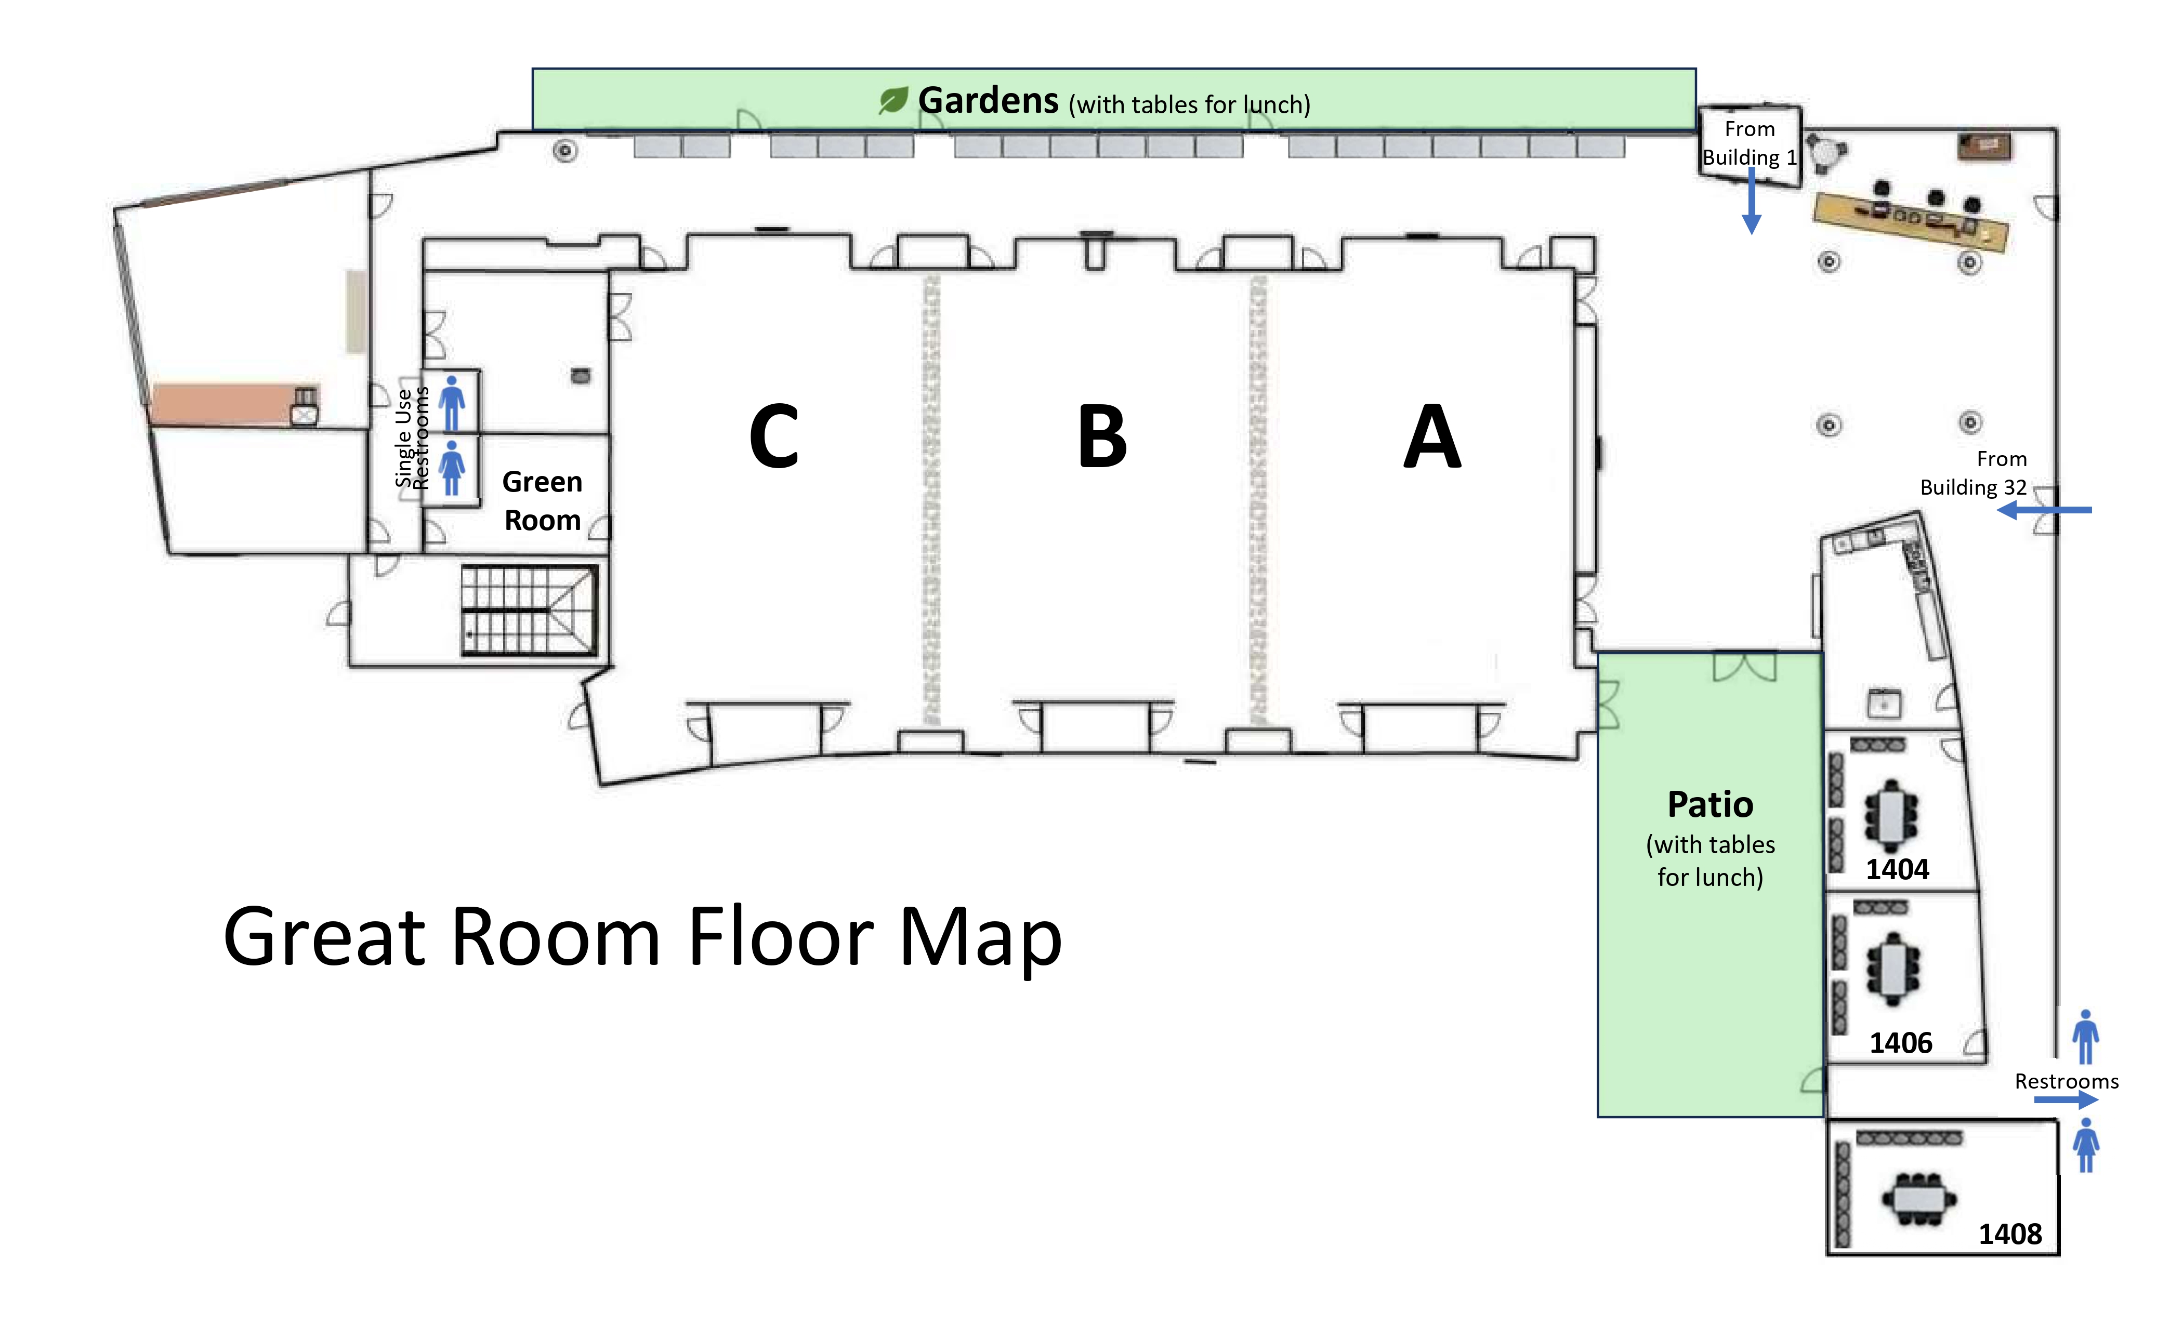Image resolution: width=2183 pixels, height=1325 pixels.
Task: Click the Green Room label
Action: click(542, 500)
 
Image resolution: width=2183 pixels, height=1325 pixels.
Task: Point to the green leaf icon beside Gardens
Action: click(893, 100)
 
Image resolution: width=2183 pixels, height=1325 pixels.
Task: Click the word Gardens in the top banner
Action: click(988, 100)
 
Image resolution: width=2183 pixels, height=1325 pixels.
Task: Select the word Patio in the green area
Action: click(1710, 804)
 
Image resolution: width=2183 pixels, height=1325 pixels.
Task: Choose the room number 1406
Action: click(1900, 1042)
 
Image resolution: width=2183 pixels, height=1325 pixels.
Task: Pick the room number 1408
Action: click(2010, 1234)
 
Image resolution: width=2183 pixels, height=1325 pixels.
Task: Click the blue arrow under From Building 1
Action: click(1752, 200)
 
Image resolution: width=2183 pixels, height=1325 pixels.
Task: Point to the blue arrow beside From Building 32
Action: click(2044, 510)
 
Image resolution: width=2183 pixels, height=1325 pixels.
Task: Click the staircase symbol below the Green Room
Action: click(529, 610)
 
